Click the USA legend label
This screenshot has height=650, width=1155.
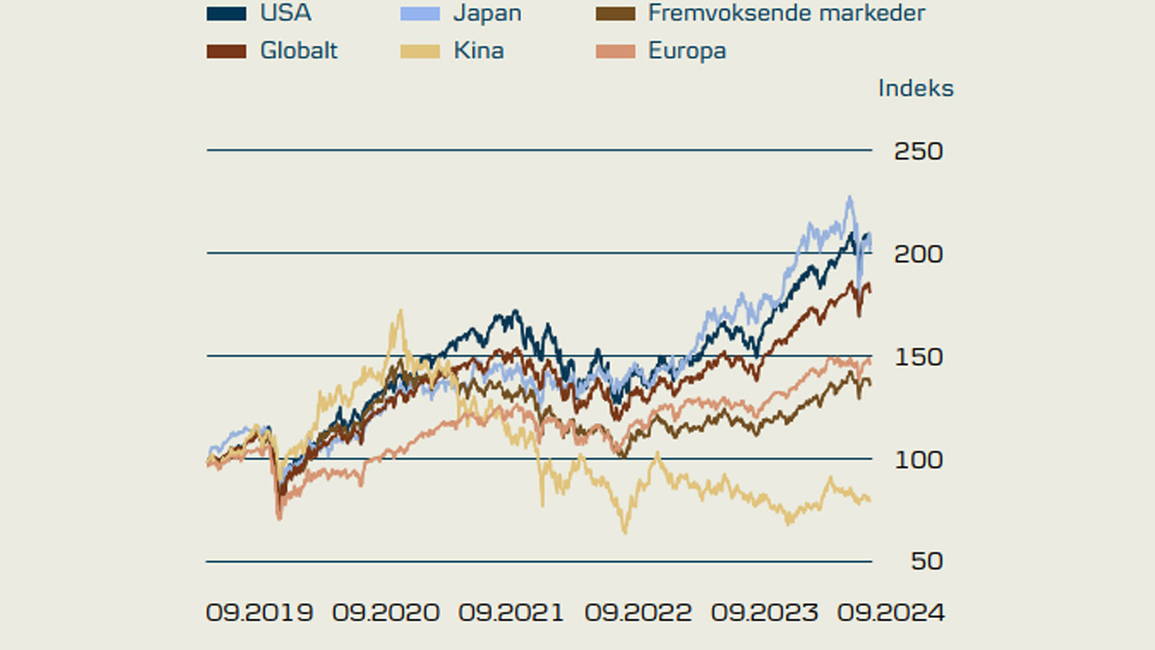286,13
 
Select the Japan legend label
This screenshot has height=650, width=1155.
487,13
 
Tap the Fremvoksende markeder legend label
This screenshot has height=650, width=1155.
786,13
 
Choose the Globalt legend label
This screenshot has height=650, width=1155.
298,51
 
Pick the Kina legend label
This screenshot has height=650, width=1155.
479,51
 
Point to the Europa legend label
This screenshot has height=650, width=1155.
687,51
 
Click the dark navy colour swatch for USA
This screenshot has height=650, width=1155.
226,13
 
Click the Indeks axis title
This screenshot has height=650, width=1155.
915,87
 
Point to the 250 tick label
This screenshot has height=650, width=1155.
918,151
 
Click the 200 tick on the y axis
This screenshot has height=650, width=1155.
918,254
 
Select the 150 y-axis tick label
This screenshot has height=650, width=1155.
918,356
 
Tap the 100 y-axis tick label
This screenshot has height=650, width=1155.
918,459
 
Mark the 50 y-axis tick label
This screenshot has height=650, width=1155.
926,561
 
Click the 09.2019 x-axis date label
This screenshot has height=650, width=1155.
259,613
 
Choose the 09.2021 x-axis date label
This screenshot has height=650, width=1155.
511,613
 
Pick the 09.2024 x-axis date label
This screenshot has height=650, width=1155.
891,613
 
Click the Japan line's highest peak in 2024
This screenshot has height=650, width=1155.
849,197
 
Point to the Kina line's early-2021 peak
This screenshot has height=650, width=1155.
399,311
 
